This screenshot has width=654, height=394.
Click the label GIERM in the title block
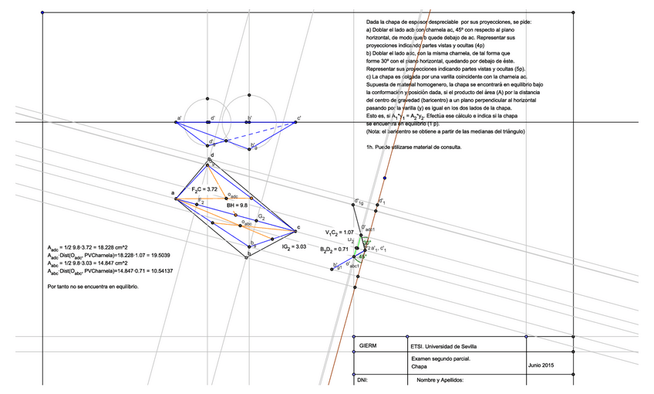click(x=368, y=348)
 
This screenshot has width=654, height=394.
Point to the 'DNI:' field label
click(x=363, y=380)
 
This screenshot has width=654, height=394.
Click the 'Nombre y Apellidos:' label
click(x=440, y=380)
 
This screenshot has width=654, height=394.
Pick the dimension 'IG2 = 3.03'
click(x=295, y=246)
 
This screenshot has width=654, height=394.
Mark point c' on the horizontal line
click(x=298, y=122)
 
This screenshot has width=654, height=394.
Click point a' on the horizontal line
click(x=177, y=122)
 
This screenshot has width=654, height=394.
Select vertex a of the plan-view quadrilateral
click(x=177, y=198)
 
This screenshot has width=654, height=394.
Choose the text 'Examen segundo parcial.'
click(x=440, y=359)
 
